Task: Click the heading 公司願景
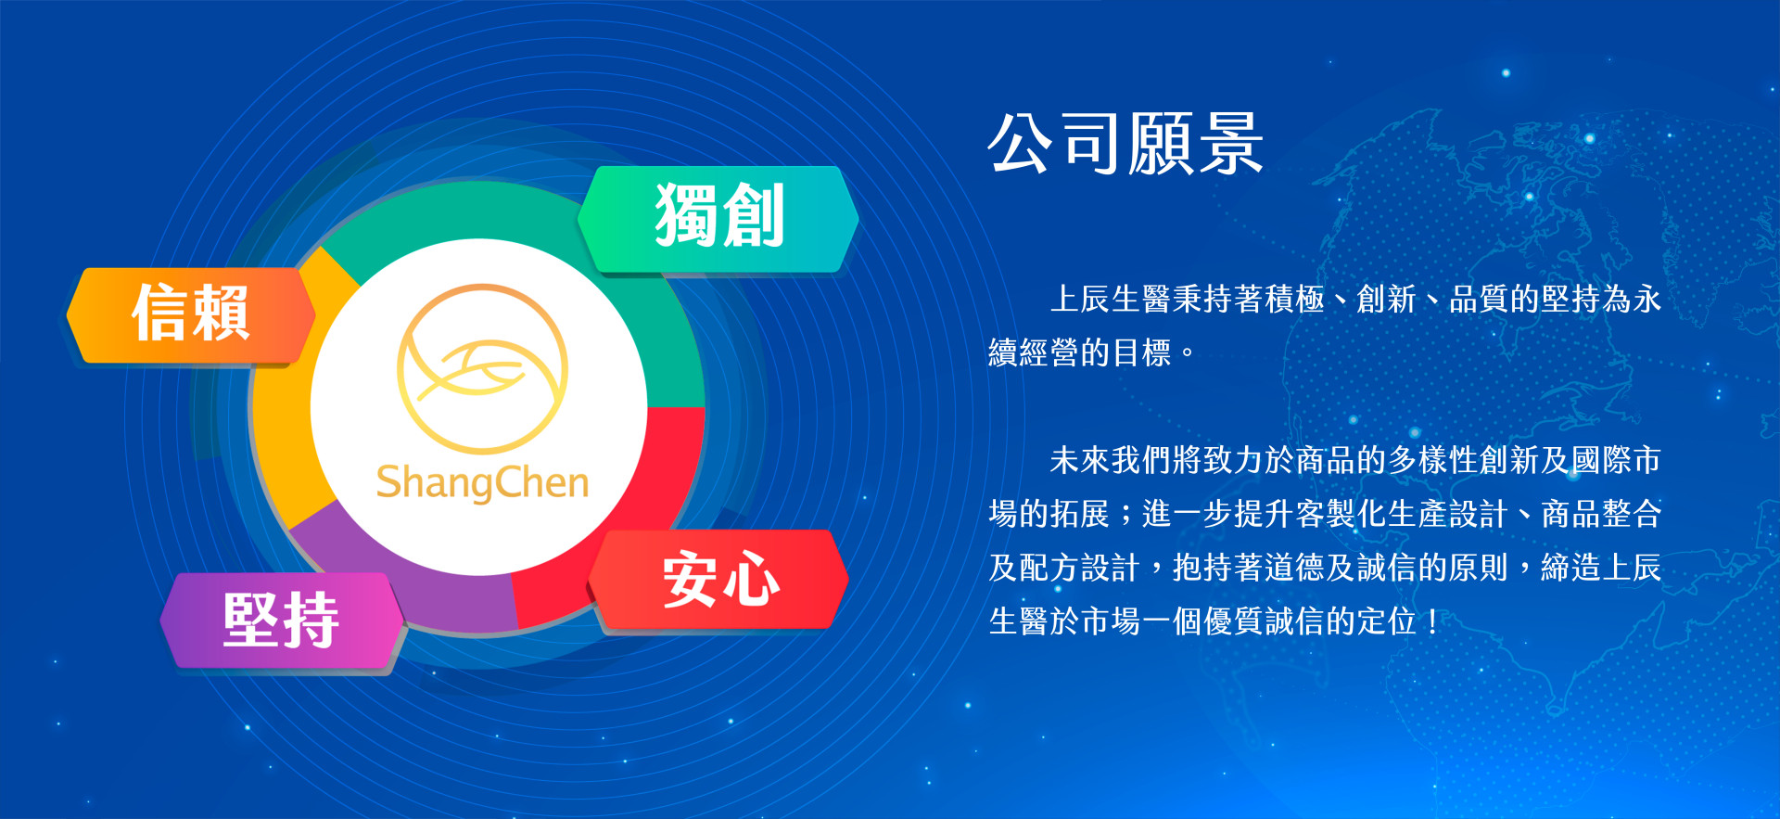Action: coord(1125,144)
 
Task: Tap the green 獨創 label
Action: coord(718,219)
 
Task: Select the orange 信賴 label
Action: coord(191,314)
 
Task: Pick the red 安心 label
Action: coord(719,579)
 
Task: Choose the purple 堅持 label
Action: coord(282,620)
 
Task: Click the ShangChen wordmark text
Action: coord(482,482)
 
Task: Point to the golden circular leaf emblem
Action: coord(482,368)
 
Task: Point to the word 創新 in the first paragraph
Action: coord(1387,300)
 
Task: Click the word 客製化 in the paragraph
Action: coord(1341,514)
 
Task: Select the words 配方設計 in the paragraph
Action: coord(1080,568)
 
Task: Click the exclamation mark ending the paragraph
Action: coord(1433,621)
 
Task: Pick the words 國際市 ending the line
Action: coord(1615,460)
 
